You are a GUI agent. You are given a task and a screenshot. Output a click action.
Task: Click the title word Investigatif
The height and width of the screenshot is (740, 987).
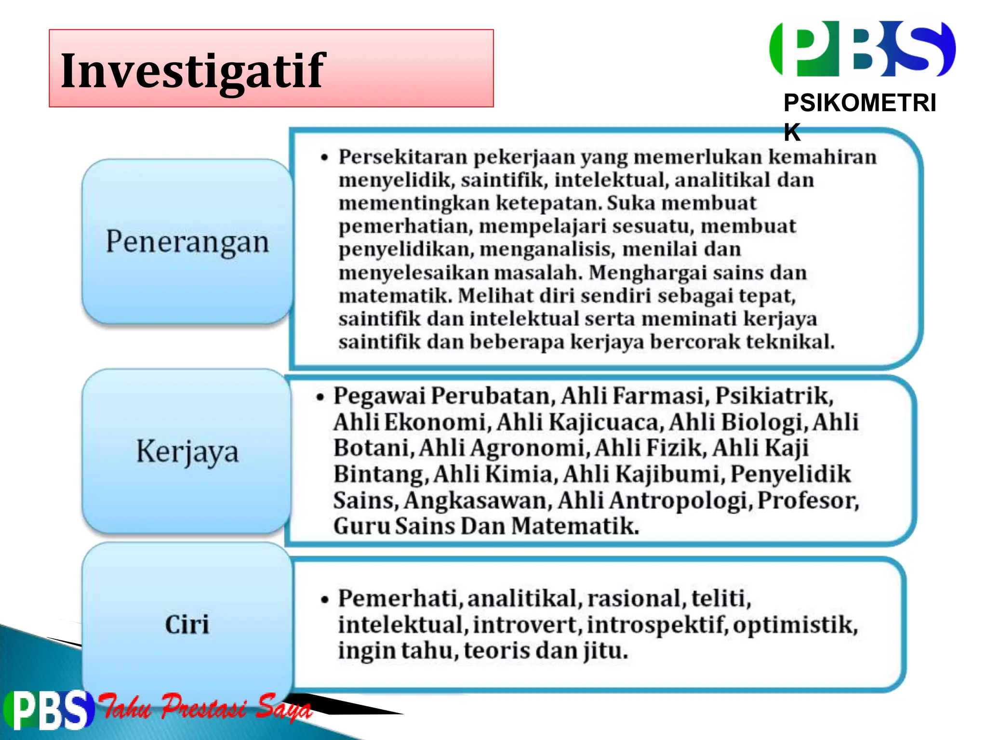[193, 71]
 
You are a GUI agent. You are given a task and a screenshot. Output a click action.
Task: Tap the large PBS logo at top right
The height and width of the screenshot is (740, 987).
[862, 49]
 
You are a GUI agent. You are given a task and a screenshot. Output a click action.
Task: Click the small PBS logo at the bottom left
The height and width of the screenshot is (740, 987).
[48, 710]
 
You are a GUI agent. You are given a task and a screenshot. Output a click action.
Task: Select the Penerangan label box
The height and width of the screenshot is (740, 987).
[187, 241]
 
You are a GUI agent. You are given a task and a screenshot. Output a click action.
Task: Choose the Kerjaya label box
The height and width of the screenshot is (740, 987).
[187, 451]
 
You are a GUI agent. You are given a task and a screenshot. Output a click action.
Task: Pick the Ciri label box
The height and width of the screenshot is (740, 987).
[187, 624]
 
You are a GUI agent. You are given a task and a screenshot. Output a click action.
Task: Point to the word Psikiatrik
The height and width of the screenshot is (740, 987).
[774, 396]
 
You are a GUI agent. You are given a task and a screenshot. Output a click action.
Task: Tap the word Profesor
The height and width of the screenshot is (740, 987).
[808, 500]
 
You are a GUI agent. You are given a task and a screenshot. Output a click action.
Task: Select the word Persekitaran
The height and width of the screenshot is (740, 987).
[403, 157]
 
